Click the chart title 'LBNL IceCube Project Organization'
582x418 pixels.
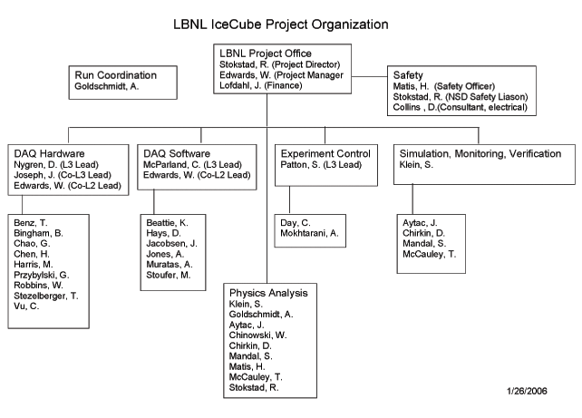pyautogui.click(x=281, y=24)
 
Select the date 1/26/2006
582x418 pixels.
pyautogui.click(x=527, y=391)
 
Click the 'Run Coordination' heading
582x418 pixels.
pyautogui.click(x=115, y=75)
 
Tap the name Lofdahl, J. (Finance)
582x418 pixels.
pyautogui.click(x=260, y=85)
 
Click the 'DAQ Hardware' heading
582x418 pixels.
pyautogui.click(x=49, y=153)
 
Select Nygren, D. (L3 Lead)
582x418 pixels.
pyautogui.click(x=56, y=164)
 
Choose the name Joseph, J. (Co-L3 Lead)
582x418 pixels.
pyautogui.click(x=63, y=175)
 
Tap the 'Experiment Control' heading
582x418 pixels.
pyautogui.click(x=325, y=153)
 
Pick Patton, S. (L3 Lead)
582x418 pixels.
pyautogui.click(x=321, y=164)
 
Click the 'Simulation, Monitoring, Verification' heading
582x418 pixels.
pyautogui.click(x=480, y=153)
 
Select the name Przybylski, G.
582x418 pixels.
pyautogui.click(x=41, y=275)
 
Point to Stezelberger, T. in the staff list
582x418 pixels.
pyautogui.click(x=46, y=296)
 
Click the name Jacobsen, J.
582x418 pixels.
pyautogui.click(x=171, y=244)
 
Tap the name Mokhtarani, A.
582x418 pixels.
pyautogui.click(x=309, y=233)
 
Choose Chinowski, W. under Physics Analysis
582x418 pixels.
pyautogui.click(x=257, y=335)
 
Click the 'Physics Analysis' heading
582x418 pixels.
pyautogui.click(x=268, y=293)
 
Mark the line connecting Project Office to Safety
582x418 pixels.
pyautogui.click(x=369, y=76)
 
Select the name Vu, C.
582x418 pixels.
pyautogui.click(x=26, y=306)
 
